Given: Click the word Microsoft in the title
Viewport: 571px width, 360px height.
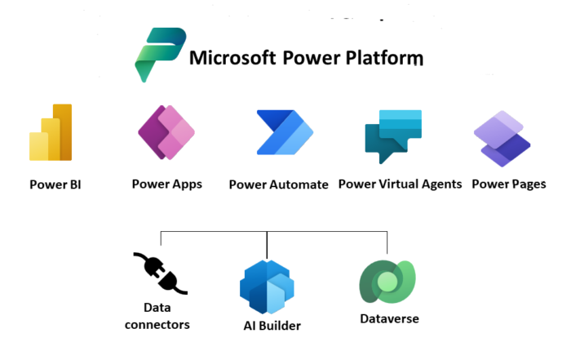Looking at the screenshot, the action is (232, 58).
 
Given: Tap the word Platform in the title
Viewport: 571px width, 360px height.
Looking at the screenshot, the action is (384, 58).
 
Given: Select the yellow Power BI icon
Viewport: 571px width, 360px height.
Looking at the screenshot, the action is (51, 132).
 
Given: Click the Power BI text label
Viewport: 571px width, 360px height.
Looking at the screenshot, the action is (55, 184).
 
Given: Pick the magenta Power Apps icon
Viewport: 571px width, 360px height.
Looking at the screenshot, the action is (166, 132).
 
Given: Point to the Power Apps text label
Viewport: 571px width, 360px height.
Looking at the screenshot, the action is (166, 184).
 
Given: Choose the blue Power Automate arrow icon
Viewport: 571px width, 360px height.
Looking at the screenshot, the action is (285, 132).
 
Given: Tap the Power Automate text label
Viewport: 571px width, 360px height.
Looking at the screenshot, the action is (279, 184).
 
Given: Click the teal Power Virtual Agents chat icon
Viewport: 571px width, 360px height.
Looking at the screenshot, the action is (393, 136).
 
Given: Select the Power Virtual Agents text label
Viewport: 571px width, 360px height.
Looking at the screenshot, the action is (401, 184).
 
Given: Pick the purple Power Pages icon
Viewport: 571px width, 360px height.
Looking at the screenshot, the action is (502, 139).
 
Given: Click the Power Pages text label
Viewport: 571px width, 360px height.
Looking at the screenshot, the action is (509, 184).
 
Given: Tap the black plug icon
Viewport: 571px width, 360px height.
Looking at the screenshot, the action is (160, 273).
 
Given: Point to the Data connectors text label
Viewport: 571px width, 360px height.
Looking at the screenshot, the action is (157, 316).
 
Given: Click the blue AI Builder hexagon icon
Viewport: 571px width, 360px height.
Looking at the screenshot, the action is (267, 287).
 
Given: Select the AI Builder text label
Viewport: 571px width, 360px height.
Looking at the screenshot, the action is (272, 326).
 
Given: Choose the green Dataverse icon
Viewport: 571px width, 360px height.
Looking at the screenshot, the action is (387, 282).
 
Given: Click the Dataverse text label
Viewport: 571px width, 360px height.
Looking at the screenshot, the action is (389, 319).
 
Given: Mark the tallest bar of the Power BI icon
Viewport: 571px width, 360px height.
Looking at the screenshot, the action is (62, 132).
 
